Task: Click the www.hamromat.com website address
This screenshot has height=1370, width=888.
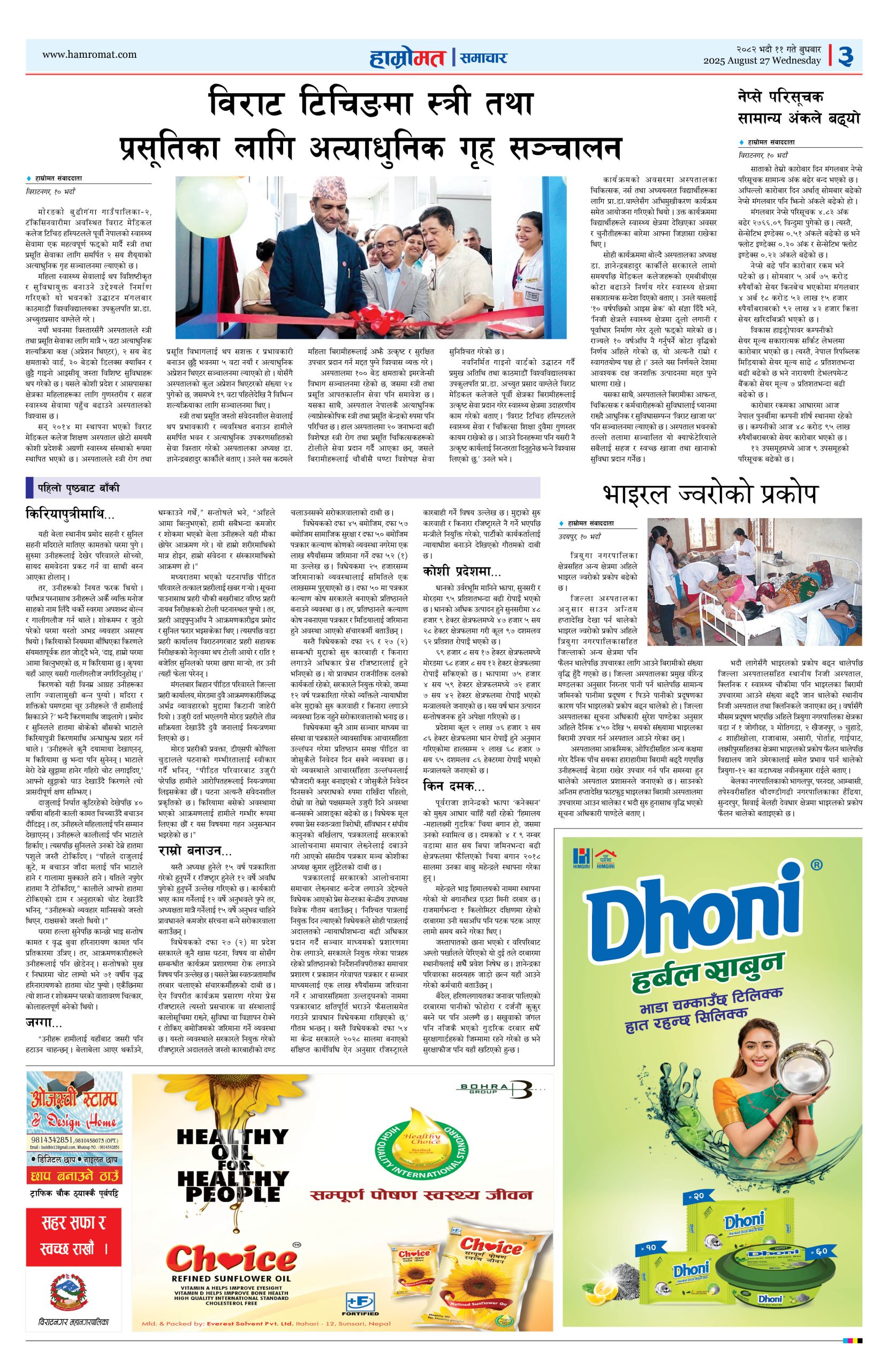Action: (89, 55)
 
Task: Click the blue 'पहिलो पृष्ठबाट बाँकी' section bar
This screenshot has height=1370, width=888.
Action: (282, 488)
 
